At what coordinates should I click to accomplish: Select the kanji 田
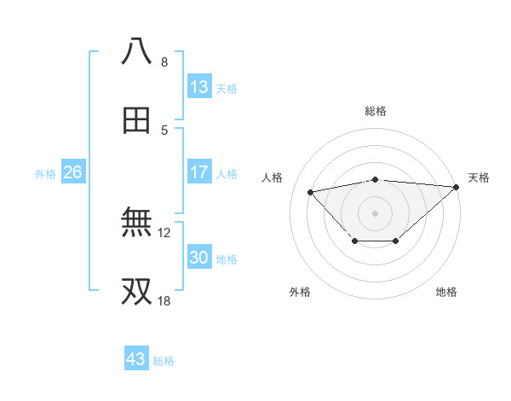[x=136, y=120]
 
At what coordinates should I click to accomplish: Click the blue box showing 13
[x=199, y=87]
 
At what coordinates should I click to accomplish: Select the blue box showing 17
[x=199, y=172]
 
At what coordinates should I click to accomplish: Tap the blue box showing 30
[x=199, y=258]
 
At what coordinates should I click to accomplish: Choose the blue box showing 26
[x=72, y=172]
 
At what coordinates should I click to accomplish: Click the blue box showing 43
[x=136, y=359]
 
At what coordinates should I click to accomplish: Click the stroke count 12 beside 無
[x=164, y=231]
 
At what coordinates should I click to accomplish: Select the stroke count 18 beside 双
[x=164, y=301]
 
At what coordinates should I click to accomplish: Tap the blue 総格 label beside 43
[x=164, y=361]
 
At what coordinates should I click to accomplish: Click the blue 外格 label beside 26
[x=45, y=174]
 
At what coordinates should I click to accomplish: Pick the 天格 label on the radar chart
[x=479, y=177]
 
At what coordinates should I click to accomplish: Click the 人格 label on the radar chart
[x=273, y=177]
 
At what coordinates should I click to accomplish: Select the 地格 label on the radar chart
[x=446, y=292]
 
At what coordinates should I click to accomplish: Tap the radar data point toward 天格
[x=456, y=187]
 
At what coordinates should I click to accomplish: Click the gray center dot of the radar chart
[x=375, y=212]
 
